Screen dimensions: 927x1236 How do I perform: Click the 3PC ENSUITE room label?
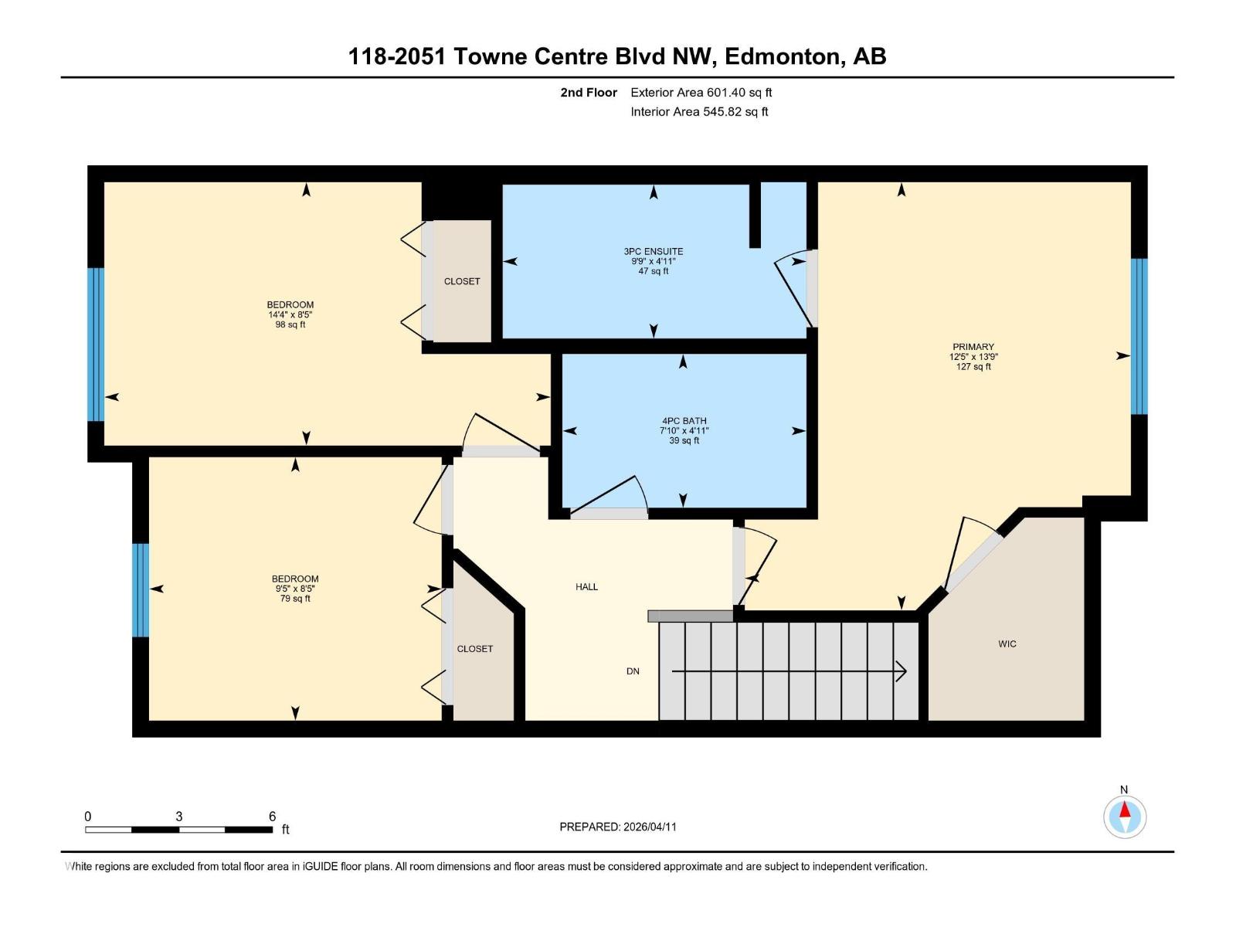click(x=654, y=251)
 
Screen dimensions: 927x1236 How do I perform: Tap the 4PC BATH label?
click(x=684, y=421)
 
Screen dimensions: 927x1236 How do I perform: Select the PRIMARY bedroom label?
click(x=973, y=347)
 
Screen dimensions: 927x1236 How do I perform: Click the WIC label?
click(x=1007, y=643)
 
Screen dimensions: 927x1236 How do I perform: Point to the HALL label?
click(x=586, y=586)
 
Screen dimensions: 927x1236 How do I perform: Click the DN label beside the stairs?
click(x=633, y=671)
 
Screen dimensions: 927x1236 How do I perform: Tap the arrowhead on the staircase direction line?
click(x=902, y=671)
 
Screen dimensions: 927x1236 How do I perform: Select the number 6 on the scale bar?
click(x=272, y=817)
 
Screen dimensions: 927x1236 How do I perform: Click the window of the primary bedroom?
click(x=1139, y=336)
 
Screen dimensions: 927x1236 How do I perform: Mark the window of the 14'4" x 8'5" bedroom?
click(x=95, y=344)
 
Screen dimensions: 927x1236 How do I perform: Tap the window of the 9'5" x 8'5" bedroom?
click(x=140, y=590)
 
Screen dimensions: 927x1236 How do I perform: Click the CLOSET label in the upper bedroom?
click(x=462, y=281)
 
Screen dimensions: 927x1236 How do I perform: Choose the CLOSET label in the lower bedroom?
click(x=474, y=649)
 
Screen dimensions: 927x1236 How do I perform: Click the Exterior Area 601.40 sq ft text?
click(x=701, y=93)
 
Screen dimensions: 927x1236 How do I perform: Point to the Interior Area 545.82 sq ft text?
click(x=698, y=112)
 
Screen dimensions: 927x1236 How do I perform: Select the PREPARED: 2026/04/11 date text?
click(x=617, y=827)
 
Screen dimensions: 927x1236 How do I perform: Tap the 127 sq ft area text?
click(x=973, y=367)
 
